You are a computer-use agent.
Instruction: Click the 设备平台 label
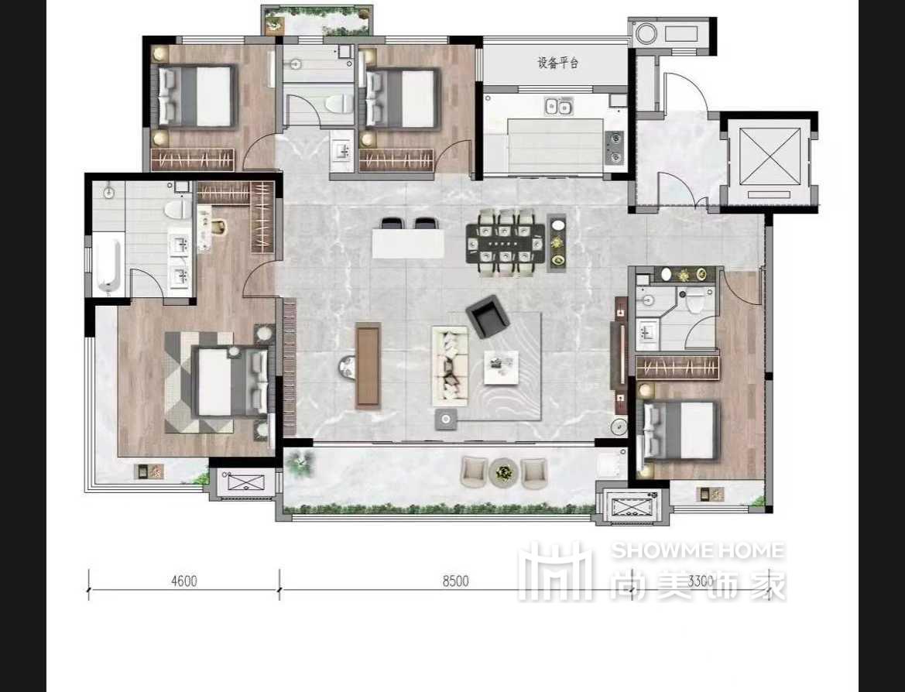(x=557, y=63)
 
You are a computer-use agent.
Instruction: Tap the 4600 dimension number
(x=184, y=581)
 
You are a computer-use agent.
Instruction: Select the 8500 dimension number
(x=455, y=581)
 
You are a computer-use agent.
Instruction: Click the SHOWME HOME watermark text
(x=698, y=550)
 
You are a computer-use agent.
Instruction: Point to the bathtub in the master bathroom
(x=108, y=265)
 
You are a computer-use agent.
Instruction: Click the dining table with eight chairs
(x=506, y=243)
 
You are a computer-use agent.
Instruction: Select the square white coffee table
(x=501, y=367)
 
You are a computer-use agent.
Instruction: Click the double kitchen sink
(x=557, y=106)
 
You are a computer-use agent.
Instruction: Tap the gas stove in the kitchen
(x=614, y=146)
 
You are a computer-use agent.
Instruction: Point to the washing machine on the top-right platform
(x=646, y=33)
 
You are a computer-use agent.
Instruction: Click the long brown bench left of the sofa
(x=369, y=365)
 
